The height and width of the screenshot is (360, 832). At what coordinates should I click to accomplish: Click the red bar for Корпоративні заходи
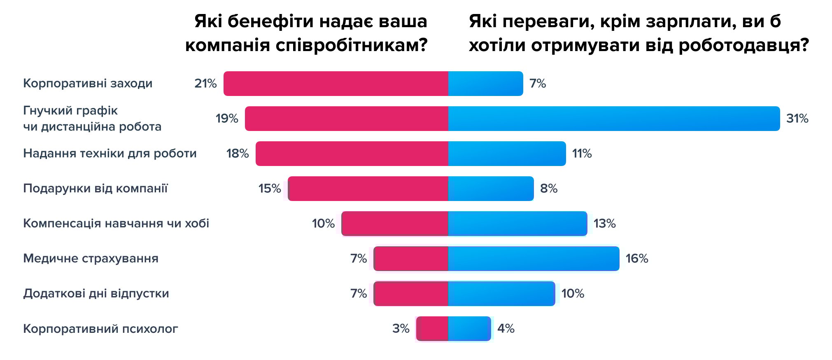click(336, 84)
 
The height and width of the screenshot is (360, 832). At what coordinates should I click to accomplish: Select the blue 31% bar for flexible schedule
click(613, 119)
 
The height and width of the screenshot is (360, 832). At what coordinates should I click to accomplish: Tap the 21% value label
click(205, 84)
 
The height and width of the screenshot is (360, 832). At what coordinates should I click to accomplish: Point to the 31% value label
click(797, 119)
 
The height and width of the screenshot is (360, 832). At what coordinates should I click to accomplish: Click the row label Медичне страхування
click(91, 258)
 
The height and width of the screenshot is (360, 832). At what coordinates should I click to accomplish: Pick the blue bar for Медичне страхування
click(534, 259)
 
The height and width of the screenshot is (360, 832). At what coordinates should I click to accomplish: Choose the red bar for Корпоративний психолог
click(432, 329)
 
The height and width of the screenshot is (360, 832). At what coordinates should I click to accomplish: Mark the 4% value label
click(506, 329)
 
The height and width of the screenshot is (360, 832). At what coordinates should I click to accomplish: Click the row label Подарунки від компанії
click(96, 188)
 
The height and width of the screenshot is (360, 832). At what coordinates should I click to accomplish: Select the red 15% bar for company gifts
click(368, 189)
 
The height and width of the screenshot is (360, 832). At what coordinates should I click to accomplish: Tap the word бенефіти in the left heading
click(270, 21)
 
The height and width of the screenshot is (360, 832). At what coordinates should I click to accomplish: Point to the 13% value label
click(604, 224)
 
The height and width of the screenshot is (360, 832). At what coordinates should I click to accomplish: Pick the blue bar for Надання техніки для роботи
click(507, 154)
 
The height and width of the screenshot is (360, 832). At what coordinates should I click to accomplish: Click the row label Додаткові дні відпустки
click(96, 293)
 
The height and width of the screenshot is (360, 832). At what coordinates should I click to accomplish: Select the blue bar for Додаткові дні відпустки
click(501, 294)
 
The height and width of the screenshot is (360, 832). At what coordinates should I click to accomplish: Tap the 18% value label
click(238, 154)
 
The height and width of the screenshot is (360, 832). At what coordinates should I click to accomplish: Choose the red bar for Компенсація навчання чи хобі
click(395, 224)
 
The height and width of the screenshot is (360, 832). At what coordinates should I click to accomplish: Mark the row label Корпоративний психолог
click(100, 329)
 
